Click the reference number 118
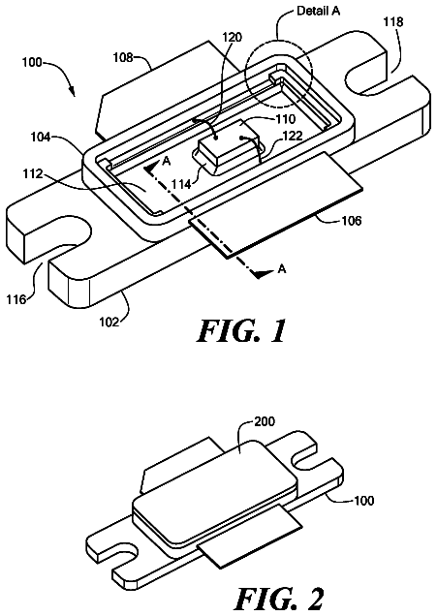pos(393,21)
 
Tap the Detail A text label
pos(319,11)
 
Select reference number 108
pos(123,58)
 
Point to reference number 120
pos(233,38)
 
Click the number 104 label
pos(42,138)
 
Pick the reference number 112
pos(33,173)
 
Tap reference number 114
pos(181,183)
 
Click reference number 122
pos(294,136)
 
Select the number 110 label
pos(285,118)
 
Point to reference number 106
pos(352,221)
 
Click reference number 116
pos(16,299)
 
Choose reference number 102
pos(109,322)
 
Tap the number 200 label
pos(265,421)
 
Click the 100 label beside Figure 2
pos(364,501)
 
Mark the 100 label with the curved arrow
pos(32,62)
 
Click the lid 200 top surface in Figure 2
pos(216,477)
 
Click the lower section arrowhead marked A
pos(264,273)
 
